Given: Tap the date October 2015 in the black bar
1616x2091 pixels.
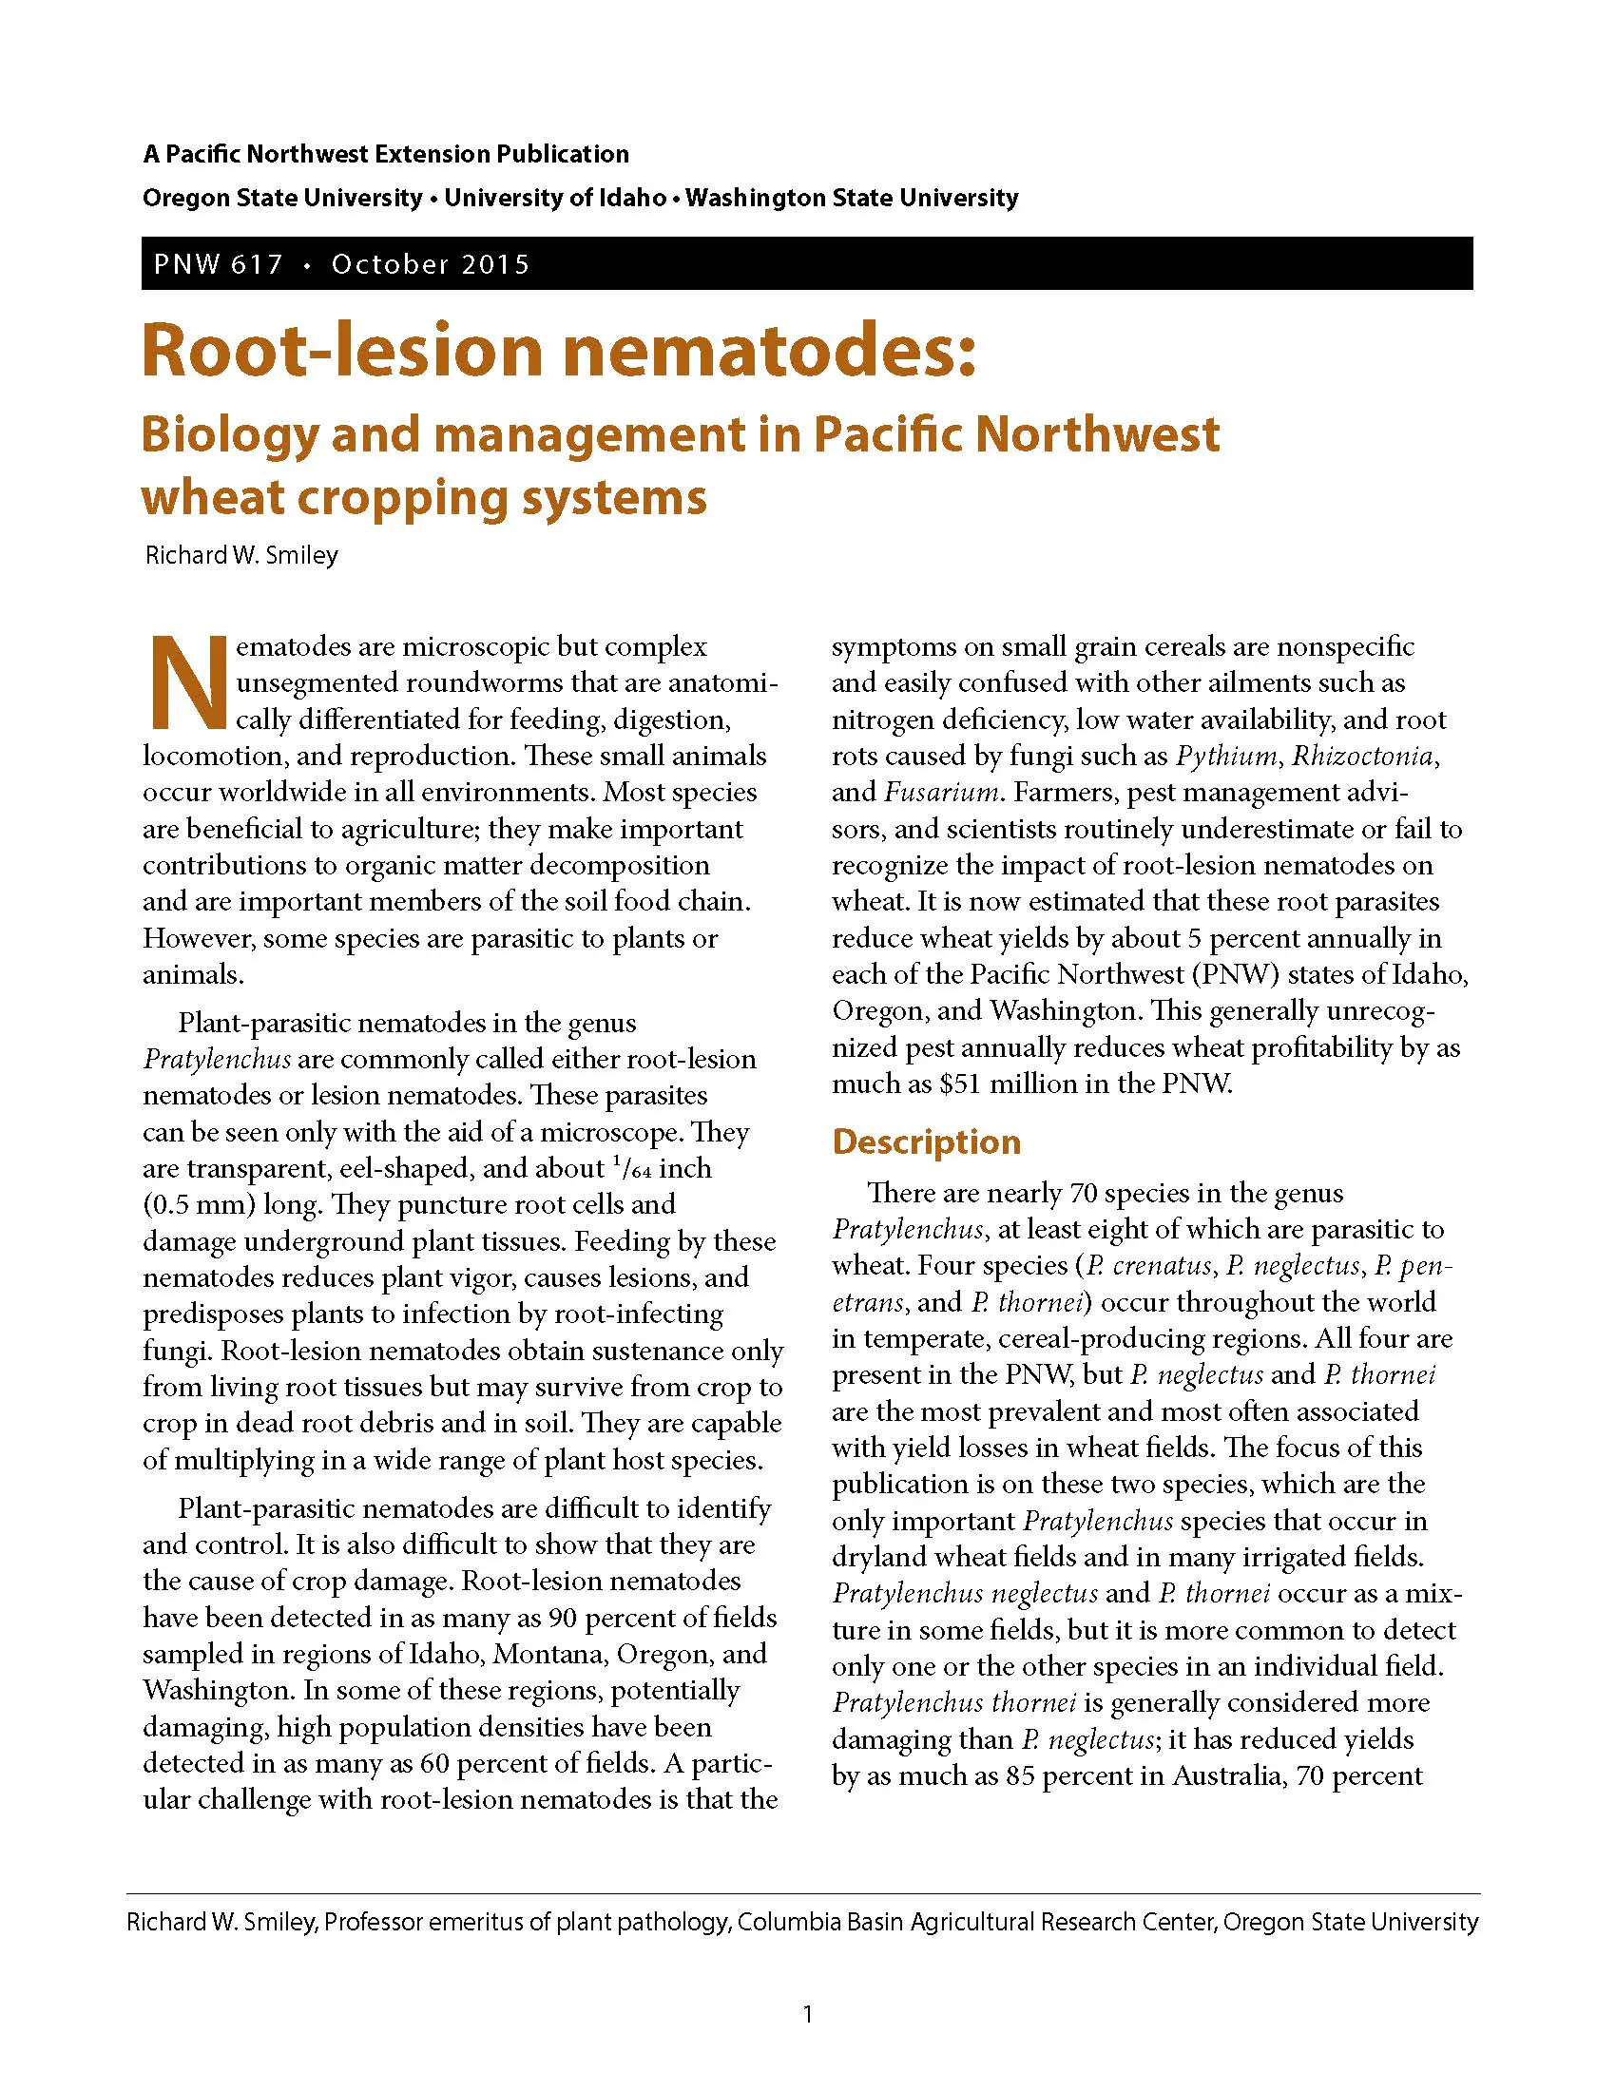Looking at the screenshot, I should pos(430,264).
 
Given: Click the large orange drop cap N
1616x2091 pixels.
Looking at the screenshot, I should pos(187,681).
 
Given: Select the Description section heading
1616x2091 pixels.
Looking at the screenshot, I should pos(926,1142).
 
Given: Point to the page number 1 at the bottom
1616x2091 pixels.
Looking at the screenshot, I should pos(808,2014).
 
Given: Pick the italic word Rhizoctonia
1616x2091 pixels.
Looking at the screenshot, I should pos(1363,757).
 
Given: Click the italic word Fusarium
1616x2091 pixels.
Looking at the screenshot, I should pos(942,793).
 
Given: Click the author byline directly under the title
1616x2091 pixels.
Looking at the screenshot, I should pos(241,555).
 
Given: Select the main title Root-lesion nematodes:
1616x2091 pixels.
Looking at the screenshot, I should pos(558,351).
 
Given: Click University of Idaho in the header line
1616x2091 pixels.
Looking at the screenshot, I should pos(555,199).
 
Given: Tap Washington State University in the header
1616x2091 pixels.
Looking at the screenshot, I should pos(852,199).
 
